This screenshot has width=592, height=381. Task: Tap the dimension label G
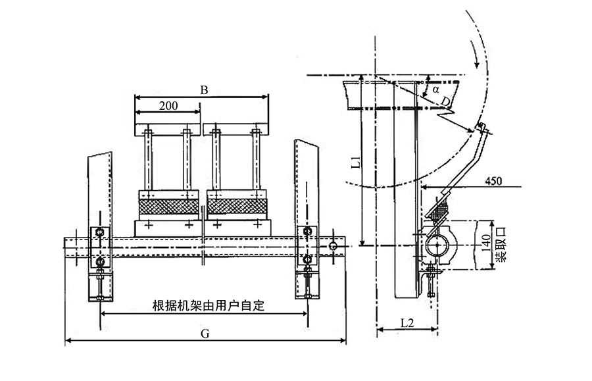[x=205, y=334]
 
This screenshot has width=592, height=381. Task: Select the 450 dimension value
[x=494, y=180]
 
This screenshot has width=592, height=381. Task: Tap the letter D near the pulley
[x=446, y=101]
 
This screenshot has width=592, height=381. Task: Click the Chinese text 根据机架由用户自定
[x=205, y=306]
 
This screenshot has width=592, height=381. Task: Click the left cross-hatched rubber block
[x=169, y=207]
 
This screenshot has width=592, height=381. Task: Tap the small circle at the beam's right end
[x=333, y=245]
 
